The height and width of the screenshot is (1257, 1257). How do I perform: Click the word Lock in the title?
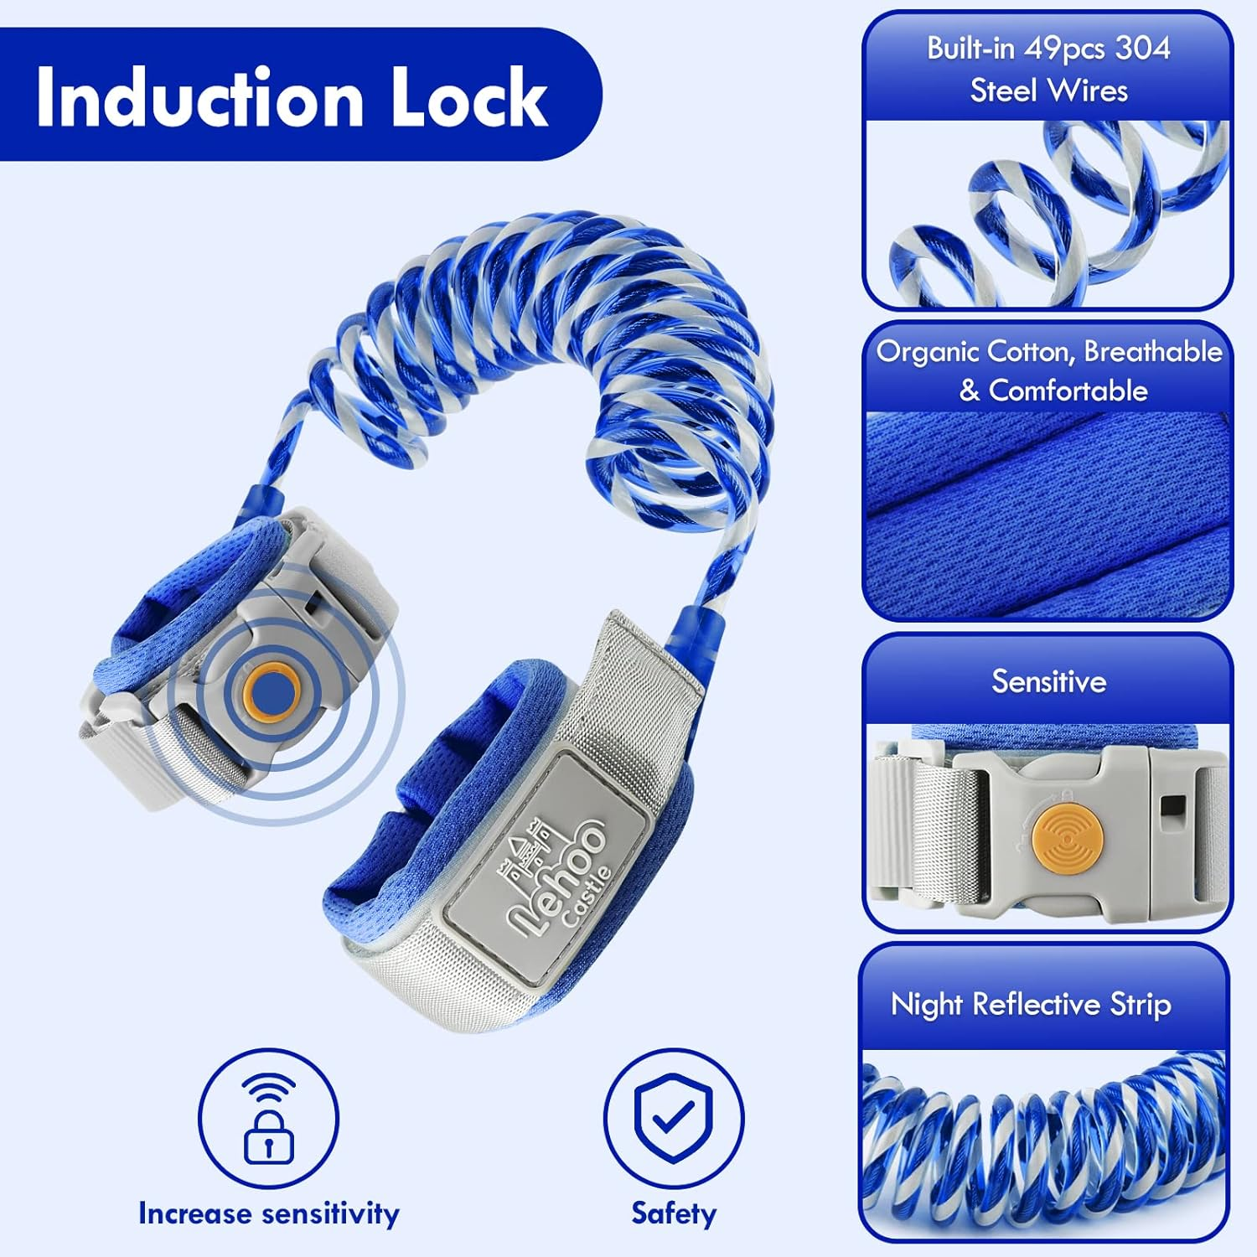(469, 98)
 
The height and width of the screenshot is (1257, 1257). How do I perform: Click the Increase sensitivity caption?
(268, 1213)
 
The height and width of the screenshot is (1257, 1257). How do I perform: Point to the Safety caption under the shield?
(674, 1213)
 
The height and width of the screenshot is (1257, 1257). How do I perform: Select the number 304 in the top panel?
(1142, 49)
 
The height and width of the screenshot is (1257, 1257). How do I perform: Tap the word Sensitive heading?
(1048, 681)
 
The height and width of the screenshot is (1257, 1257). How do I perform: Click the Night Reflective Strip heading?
(1030, 1004)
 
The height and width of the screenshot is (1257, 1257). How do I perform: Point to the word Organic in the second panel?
(927, 351)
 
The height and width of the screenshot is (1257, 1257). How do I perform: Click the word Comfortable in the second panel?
(1068, 391)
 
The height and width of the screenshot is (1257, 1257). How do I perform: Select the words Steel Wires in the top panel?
(1048, 91)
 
